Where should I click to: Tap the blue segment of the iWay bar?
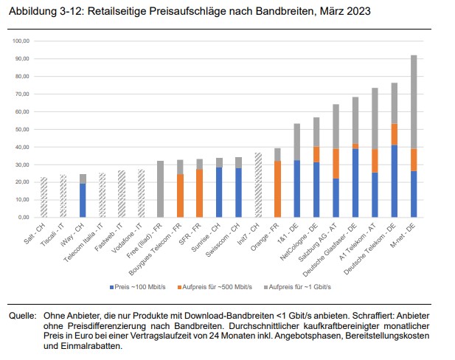[83, 201]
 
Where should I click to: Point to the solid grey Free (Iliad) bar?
[161, 189]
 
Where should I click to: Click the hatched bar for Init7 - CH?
[258, 185]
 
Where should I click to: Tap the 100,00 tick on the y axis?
[19, 41]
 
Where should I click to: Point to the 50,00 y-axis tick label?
[20, 129]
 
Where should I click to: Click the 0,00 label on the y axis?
[21, 218]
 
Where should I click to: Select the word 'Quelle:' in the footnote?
[21, 315]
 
